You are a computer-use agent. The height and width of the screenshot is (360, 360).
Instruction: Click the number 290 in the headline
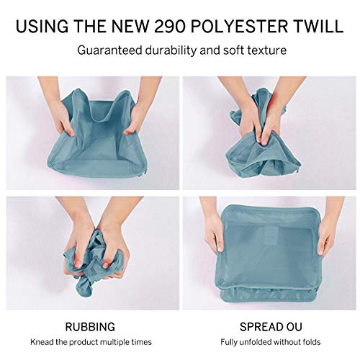pos(170,26)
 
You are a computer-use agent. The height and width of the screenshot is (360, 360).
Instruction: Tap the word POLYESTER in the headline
pos(239,26)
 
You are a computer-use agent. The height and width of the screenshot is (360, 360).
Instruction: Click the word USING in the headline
pos(42,26)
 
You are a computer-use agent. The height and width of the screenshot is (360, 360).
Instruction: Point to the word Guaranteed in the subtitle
pos(110,50)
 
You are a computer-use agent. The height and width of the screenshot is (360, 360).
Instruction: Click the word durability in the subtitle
pos(171,50)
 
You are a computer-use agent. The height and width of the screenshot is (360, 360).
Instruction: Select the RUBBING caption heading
pos(90,327)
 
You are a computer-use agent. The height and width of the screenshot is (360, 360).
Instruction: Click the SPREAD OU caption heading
pos(271,327)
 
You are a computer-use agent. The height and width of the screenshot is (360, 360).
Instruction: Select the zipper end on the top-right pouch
pos(299,168)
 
